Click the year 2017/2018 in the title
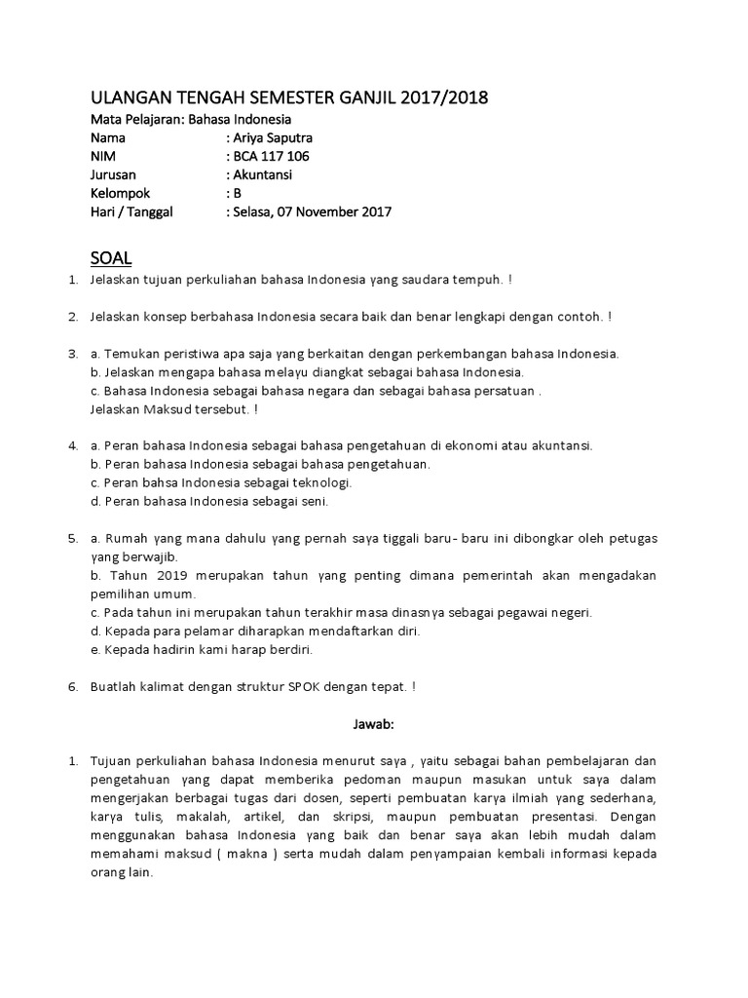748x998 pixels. [x=439, y=97]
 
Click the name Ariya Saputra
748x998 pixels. [x=272, y=137]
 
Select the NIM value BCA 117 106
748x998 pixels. [x=272, y=156]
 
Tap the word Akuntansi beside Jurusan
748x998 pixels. [x=262, y=174]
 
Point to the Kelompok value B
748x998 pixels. [x=236, y=193]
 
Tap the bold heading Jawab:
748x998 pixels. [x=374, y=724]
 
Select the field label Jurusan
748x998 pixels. [x=114, y=174]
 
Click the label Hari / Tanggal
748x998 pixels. [x=131, y=211]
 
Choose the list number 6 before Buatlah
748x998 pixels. [x=72, y=686]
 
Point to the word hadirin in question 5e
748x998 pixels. [x=168, y=649]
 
